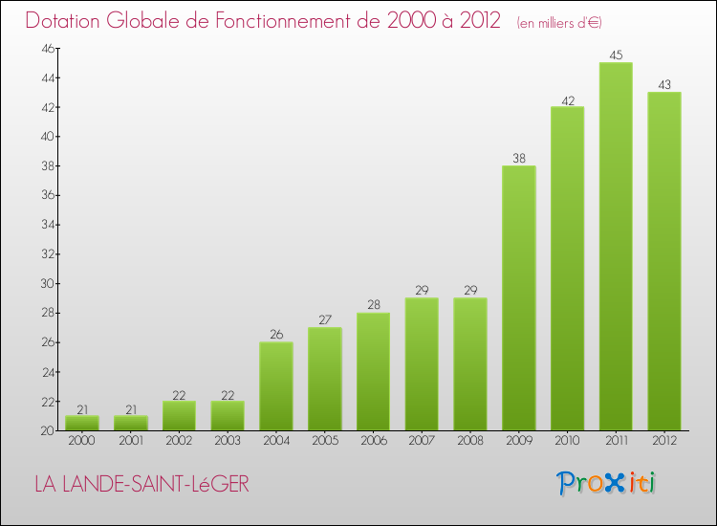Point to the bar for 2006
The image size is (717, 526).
tap(373, 372)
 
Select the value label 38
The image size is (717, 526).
tap(518, 159)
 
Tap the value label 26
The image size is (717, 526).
tap(276, 335)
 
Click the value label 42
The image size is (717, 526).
tap(567, 99)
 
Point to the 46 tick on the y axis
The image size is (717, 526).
tap(45, 48)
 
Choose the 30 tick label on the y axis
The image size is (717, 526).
tap(45, 283)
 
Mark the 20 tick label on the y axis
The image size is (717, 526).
tap(45, 430)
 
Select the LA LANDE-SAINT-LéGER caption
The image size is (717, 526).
tap(141, 485)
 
